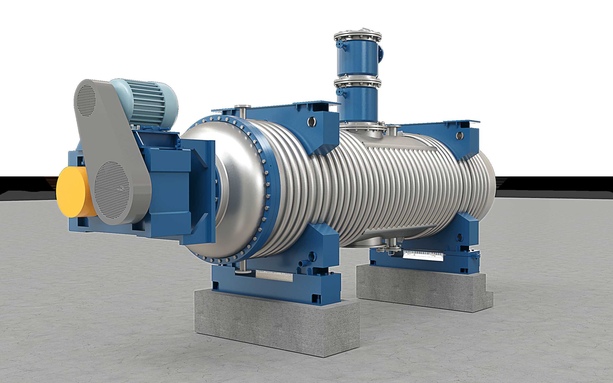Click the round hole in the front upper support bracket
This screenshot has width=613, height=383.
(311, 122)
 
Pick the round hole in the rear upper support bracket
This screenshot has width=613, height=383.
(459, 136)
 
